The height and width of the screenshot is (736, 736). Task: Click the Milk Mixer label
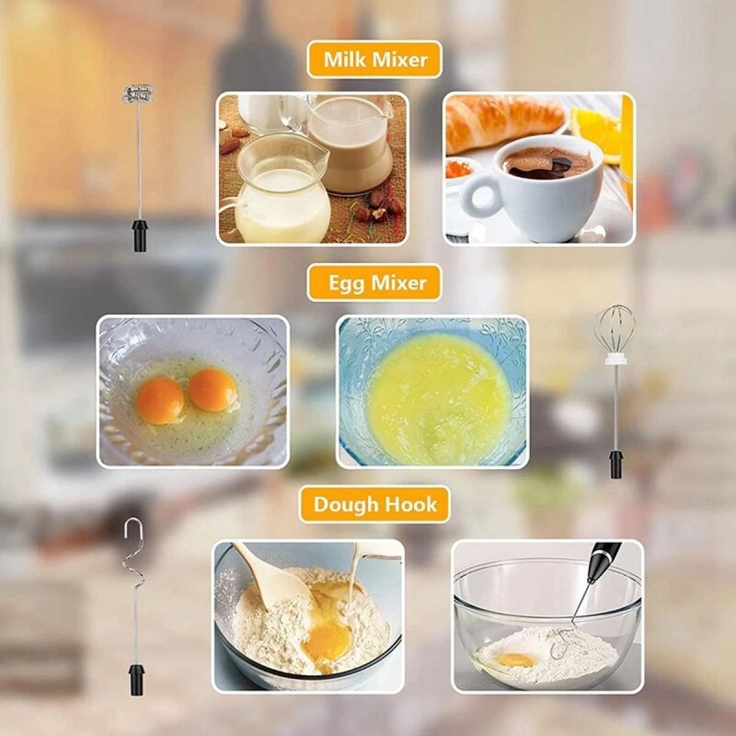tap(375, 59)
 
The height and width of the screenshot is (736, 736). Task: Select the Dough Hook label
tap(375, 504)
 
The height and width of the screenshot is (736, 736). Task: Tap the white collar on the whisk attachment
tap(617, 358)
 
